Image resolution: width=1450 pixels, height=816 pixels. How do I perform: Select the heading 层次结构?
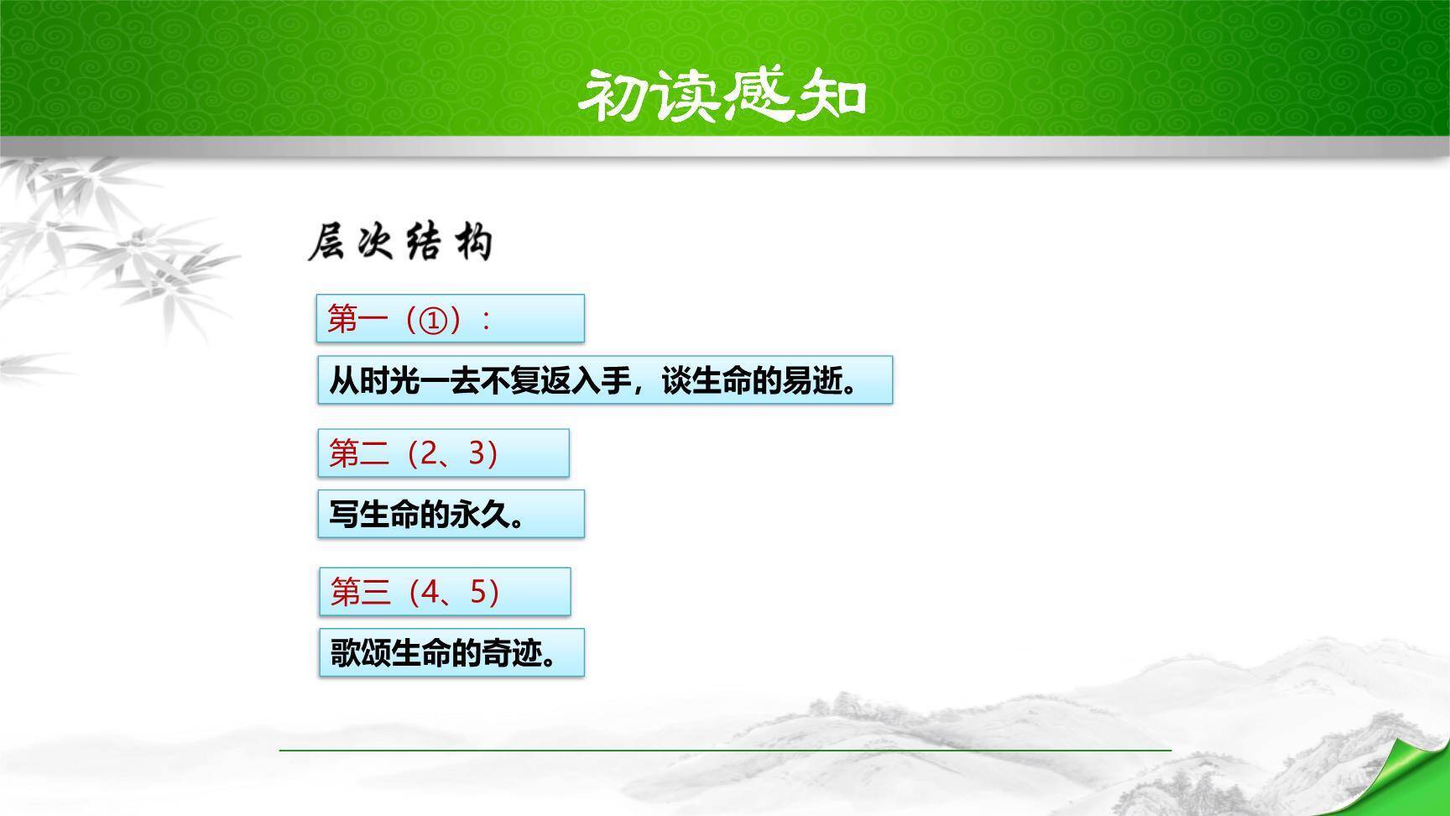(x=401, y=243)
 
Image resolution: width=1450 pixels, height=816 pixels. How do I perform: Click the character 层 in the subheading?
(x=327, y=243)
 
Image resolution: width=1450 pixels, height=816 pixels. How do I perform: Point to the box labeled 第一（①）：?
(x=450, y=319)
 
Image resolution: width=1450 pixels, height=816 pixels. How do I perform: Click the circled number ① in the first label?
(x=433, y=320)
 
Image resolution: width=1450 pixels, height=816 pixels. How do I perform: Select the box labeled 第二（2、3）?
(x=443, y=453)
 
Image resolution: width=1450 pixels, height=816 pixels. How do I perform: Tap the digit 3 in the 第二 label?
(x=479, y=453)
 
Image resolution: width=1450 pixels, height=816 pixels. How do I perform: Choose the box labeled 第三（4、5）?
(x=445, y=592)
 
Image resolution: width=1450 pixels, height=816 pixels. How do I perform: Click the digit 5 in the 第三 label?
(x=480, y=592)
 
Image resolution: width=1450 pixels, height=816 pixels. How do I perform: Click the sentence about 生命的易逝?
(x=604, y=380)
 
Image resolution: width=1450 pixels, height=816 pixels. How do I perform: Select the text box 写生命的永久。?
(x=451, y=514)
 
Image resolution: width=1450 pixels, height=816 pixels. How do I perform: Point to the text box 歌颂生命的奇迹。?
(x=451, y=652)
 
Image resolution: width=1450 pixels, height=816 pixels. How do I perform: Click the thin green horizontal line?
(x=725, y=750)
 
